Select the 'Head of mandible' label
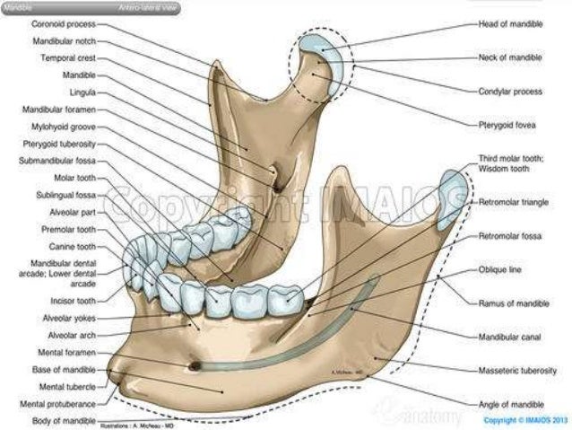tap(510, 24)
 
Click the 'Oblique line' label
tap(498, 269)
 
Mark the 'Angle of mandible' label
tap(512, 404)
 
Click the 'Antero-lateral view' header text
tap(148, 6)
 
